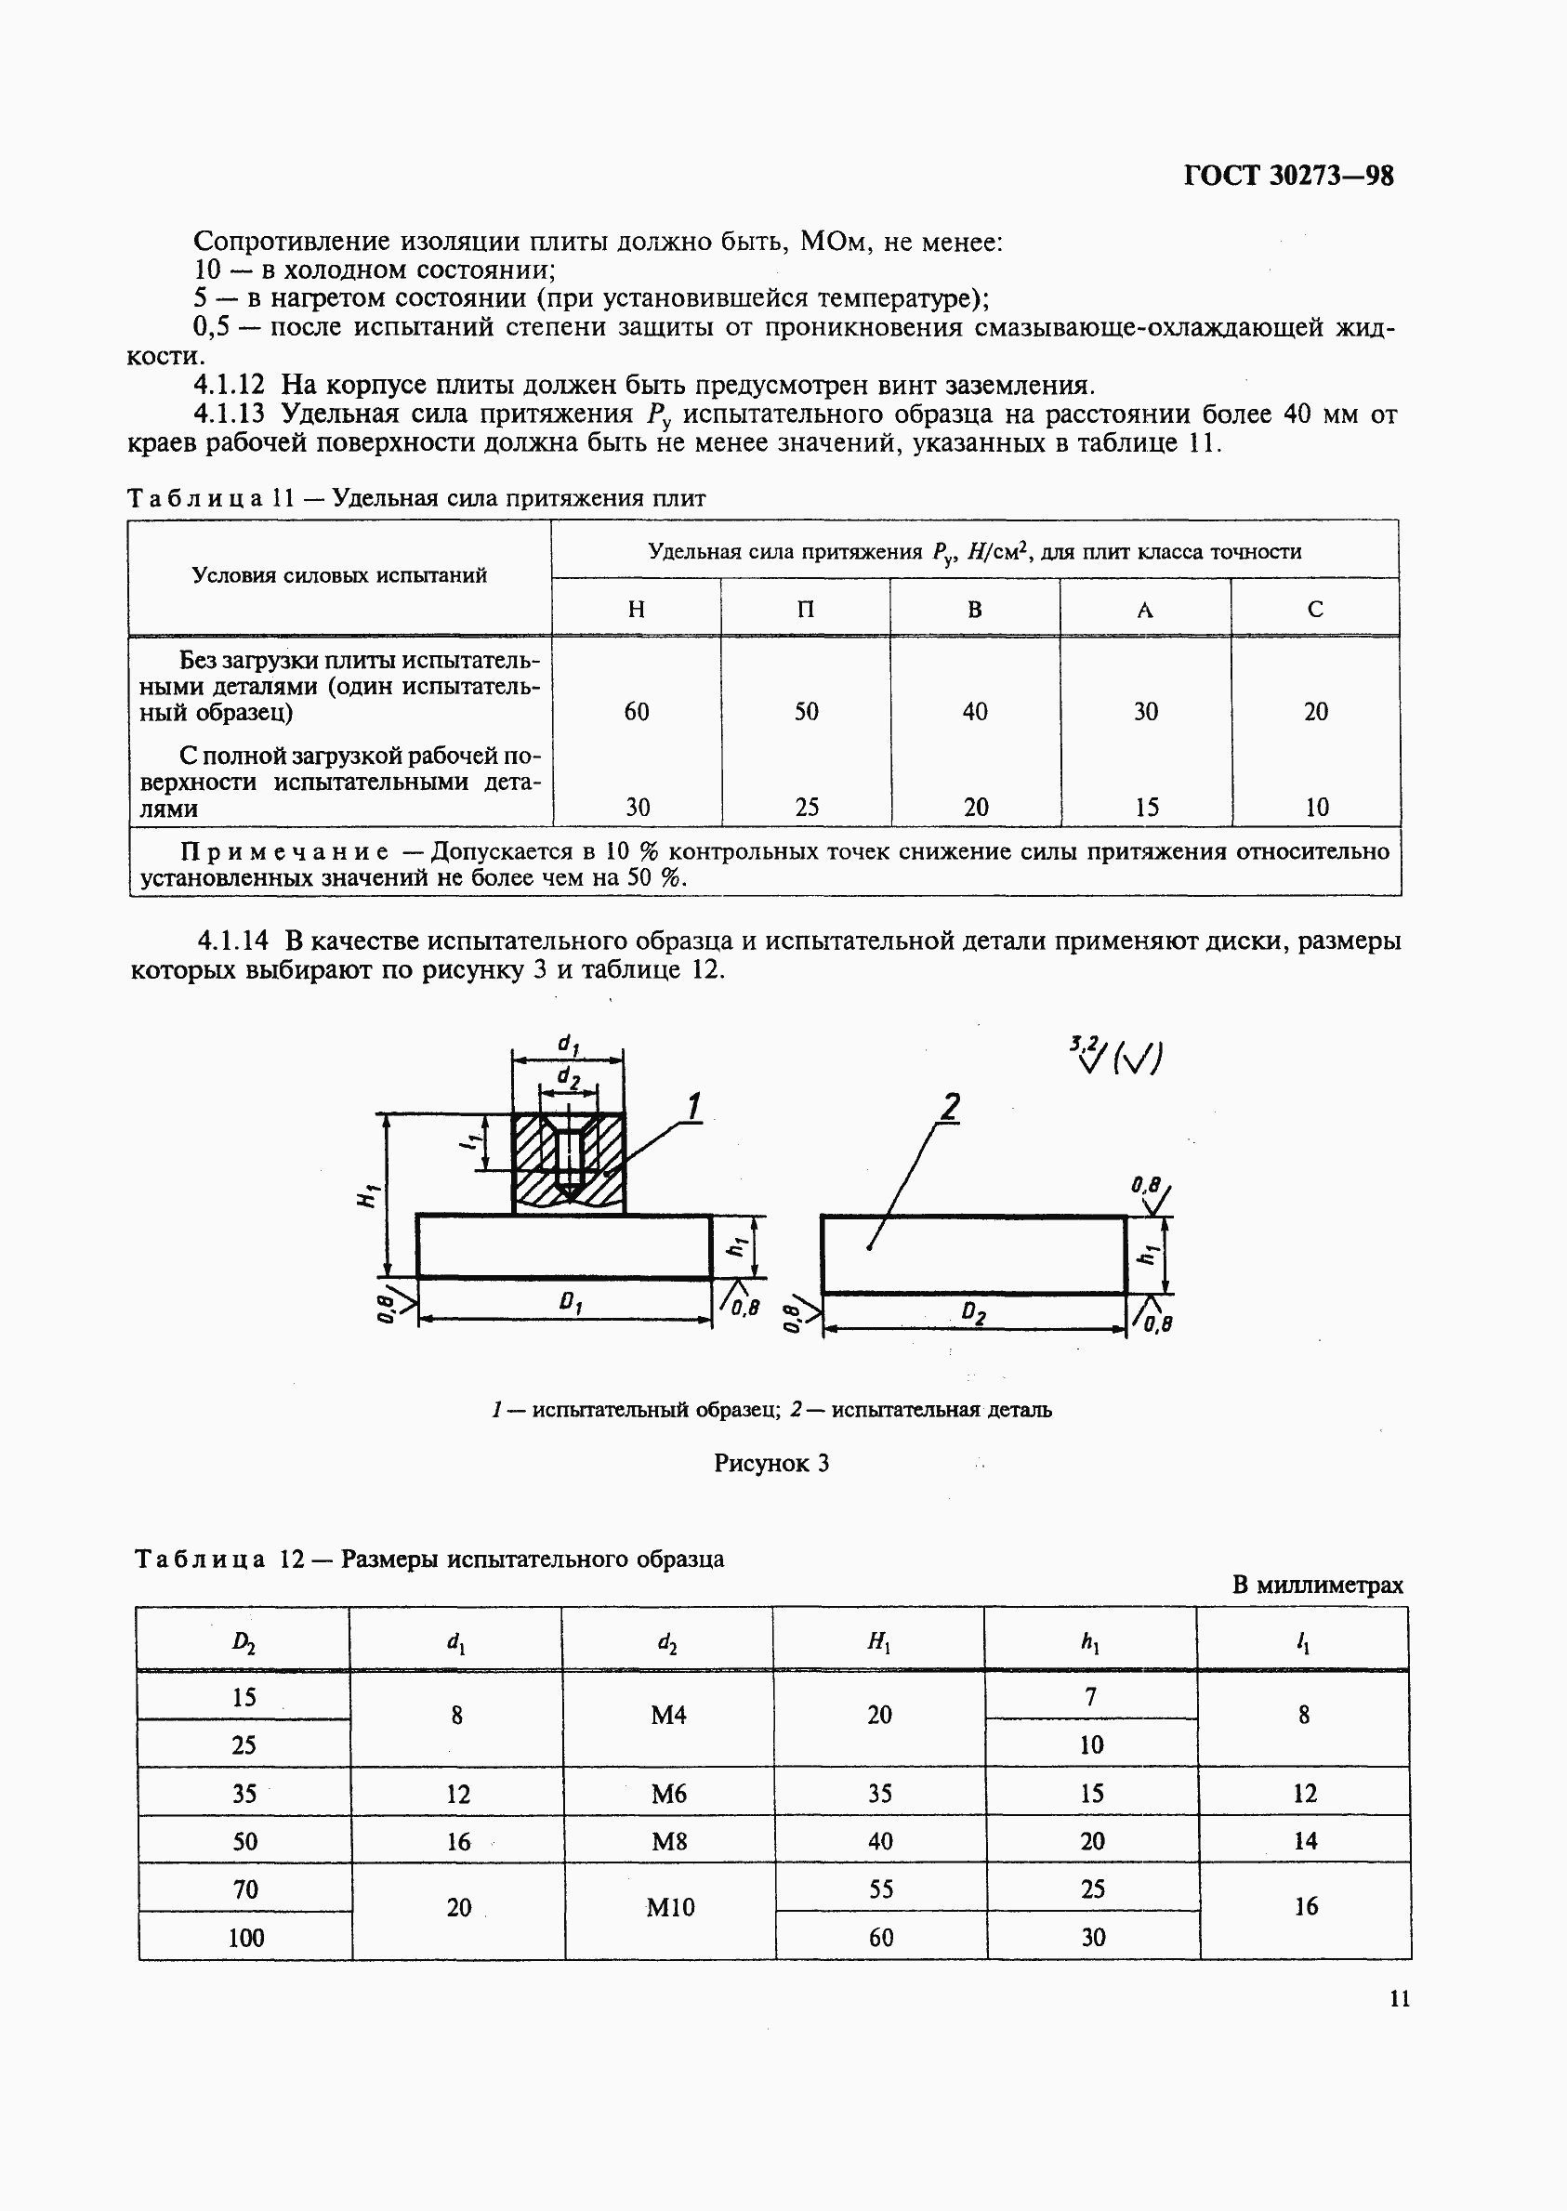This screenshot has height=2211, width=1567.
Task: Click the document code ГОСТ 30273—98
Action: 1288,176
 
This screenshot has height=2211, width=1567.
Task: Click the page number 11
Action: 1399,1999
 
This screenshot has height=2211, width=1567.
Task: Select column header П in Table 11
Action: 806,609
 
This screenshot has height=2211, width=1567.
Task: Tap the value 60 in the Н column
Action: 637,712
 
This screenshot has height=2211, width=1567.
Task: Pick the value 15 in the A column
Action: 1146,808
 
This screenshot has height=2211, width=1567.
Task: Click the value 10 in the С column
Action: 1316,808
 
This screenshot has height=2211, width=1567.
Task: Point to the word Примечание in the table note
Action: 285,852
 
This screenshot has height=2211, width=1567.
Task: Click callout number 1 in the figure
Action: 692,1107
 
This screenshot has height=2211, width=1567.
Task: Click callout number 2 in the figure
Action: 950,1107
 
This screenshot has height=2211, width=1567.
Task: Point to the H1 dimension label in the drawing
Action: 367,1196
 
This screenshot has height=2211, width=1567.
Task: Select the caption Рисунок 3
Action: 771,1464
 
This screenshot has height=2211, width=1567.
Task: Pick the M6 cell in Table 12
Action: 667,1794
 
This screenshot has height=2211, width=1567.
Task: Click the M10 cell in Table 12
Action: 669,1907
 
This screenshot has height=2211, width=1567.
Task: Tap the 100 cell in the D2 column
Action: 245,1937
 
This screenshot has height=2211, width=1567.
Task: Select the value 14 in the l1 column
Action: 1305,1840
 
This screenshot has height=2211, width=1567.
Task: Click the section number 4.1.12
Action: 229,385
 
